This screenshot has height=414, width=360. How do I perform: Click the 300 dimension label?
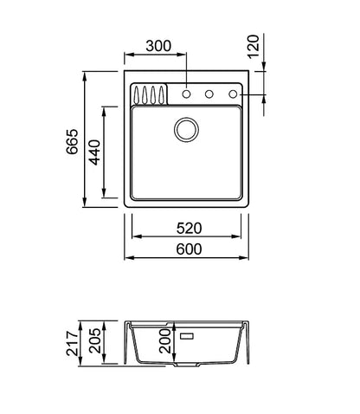[x=158, y=46]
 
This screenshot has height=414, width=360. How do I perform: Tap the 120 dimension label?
[x=254, y=47]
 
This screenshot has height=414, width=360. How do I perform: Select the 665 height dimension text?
[x=72, y=141]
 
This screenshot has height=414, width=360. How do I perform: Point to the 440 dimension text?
[x=94, y=152]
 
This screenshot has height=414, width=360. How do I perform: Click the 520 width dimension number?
[x=189, y=229]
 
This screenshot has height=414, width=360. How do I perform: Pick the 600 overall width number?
[x=189, y=249]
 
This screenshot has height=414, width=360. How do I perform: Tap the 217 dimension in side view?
[x=72, y=344]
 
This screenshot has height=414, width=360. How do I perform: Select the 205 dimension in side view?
[x=94, y=340]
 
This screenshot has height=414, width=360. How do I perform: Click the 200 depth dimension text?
[x=165, y=341]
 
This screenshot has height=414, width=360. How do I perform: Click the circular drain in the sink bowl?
[x=186, y=129]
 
